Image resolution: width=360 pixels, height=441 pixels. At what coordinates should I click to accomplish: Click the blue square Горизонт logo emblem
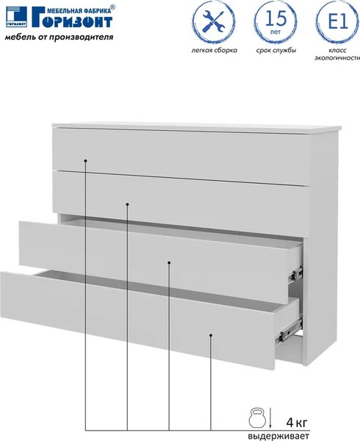click(17, 17)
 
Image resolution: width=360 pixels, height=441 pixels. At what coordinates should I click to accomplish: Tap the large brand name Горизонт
click(72, 21)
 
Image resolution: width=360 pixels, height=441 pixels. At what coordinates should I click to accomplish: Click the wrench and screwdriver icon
click(213, 22)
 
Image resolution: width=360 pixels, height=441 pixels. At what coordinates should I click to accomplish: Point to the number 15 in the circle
click(276, 18)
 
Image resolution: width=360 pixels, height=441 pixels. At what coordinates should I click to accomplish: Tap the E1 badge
click(339, 21)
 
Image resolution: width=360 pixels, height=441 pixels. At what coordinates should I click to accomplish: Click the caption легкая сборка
click(214, 51)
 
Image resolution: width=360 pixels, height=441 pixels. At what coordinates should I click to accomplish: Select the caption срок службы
click(276, 51)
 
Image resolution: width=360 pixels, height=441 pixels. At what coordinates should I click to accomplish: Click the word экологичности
click(337, 58)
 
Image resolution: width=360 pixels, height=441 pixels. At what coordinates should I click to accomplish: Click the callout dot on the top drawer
click(85, 161)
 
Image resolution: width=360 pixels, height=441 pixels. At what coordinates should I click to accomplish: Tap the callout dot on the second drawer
click(127, 204)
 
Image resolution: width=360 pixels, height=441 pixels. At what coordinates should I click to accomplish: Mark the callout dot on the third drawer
click(169, 262)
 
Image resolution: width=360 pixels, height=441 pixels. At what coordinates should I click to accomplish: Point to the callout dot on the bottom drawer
click(211, 335)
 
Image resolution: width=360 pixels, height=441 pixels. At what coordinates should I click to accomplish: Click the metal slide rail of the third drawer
click(295, 274)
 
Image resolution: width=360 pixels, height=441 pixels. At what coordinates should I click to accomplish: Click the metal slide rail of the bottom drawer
click(289, 331)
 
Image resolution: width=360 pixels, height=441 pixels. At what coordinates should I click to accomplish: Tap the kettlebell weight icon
click(257, 418)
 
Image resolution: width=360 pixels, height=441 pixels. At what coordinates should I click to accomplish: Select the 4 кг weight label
click(297, 422)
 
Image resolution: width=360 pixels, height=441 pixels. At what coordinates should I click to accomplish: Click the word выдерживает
click(278, 436)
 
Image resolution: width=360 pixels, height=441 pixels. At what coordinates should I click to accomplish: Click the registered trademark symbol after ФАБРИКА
click(112, 7)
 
